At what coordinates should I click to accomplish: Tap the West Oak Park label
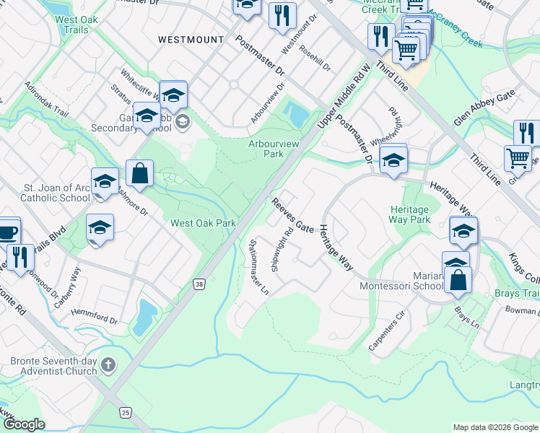[203, 224]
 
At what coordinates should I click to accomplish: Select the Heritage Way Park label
[409, 214]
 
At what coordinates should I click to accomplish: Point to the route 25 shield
[127, 412]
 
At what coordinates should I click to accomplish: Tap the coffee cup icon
[8, 232]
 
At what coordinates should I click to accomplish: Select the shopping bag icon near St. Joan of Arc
[139, 174]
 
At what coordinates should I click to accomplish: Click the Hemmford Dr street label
[95, 318]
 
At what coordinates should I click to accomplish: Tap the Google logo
[24, 424]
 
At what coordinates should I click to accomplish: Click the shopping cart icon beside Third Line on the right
[518, 158]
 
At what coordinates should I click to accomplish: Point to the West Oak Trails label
[71, 25]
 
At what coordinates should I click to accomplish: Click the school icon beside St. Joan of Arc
[104, 180]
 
